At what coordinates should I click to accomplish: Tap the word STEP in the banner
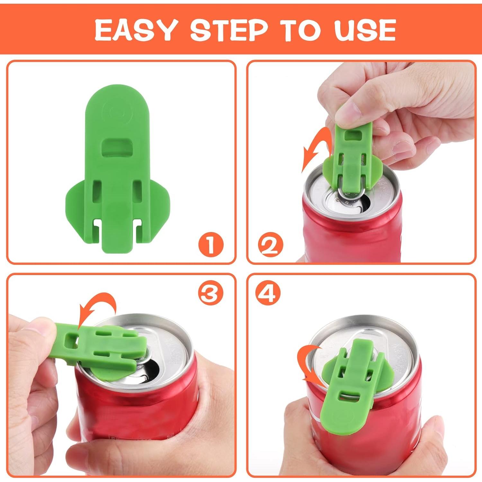[x=229, y=30]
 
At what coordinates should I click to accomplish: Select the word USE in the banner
[x=365, y=30]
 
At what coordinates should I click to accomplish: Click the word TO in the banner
[x=301, y=30]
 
